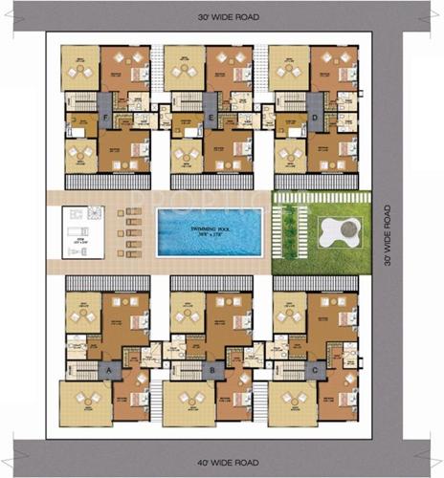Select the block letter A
point(109,368)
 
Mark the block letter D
point(316,119)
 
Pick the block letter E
point(211,119)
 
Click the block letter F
point(104,119)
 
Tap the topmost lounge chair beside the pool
point(131,209)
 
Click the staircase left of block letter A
point(85,369)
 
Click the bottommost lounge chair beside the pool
point(131,256)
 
